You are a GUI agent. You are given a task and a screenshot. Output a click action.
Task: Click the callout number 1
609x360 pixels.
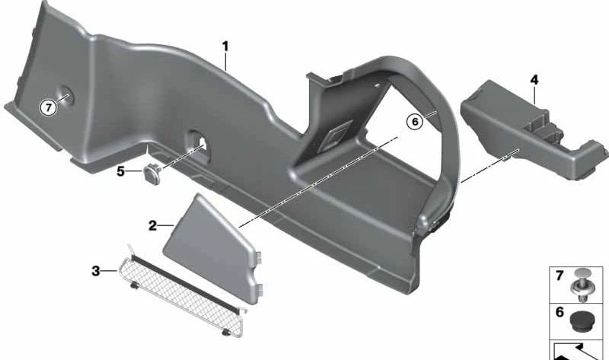pyautogui.click(x=225, y=46)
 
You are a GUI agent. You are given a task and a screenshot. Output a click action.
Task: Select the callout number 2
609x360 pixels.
pyautogui.click(x=152, y=226)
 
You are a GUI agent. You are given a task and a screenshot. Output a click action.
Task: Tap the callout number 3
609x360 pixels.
pyautogui.click(x=94, y=270)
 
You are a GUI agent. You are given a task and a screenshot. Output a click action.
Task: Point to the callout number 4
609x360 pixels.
pyautogui.click(x=534, y=79)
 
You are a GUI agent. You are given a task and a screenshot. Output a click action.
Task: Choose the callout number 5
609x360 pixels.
pyautogui.click(x=120, y=171)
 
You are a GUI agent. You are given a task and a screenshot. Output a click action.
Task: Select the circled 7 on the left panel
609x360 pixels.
pyautogui.click(x=49, y=108)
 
